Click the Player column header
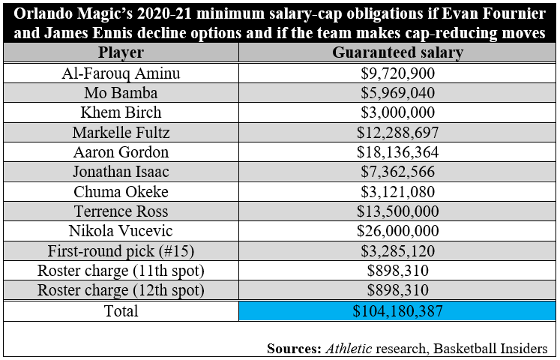coord(121,53)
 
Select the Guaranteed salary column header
coord(397,53)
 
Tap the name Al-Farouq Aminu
coord(121,73)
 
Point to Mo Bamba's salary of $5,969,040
coord(397,93)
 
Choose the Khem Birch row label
coord(121,112)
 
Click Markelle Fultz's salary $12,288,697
coord(397,133)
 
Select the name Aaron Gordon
coord(121,152)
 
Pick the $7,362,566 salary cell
coord(397,172)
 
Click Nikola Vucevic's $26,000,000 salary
coord(397,231)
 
